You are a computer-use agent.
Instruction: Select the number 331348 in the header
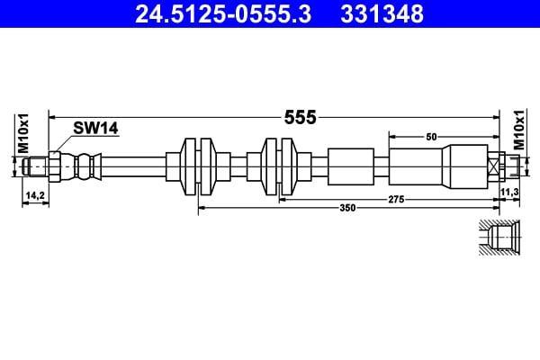click(x=379, y=13)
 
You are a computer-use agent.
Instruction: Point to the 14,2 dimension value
click(x=34, y=193)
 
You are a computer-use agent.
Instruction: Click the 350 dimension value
click(x=347, y=208)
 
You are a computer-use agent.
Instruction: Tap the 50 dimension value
click(x=431, y=136)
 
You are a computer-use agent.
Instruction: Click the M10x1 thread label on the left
click(x=25, y=133)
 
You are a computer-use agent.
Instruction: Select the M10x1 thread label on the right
click(x=518, y=133)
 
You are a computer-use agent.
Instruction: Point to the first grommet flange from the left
click(x=199, y=166)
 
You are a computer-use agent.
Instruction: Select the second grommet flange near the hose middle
click(x=279, y=166)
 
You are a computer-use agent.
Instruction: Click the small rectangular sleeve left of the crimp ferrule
click(x=350, y=166)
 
